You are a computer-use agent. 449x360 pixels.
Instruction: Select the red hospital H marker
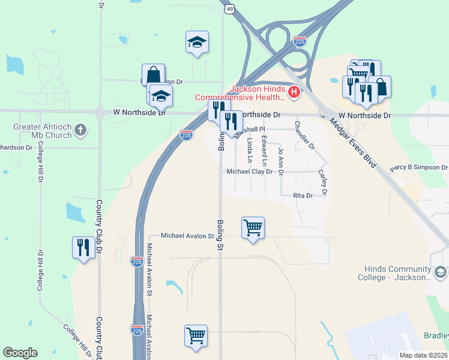294,92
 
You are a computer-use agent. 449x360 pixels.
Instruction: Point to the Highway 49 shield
230,8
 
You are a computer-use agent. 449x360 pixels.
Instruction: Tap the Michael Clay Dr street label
250,172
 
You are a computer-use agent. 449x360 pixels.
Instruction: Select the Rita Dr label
303,196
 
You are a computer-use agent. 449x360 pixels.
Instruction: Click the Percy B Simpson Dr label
418,168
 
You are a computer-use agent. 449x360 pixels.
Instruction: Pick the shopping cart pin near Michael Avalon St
253,227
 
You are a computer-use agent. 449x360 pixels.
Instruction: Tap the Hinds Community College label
397,273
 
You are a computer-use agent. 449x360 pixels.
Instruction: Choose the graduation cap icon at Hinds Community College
440,273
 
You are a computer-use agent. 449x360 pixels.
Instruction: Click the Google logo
20,353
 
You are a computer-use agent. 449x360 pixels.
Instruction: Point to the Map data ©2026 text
423,355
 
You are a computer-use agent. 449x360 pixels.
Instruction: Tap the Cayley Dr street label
323,182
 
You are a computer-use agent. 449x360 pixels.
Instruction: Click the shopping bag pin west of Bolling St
153,76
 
